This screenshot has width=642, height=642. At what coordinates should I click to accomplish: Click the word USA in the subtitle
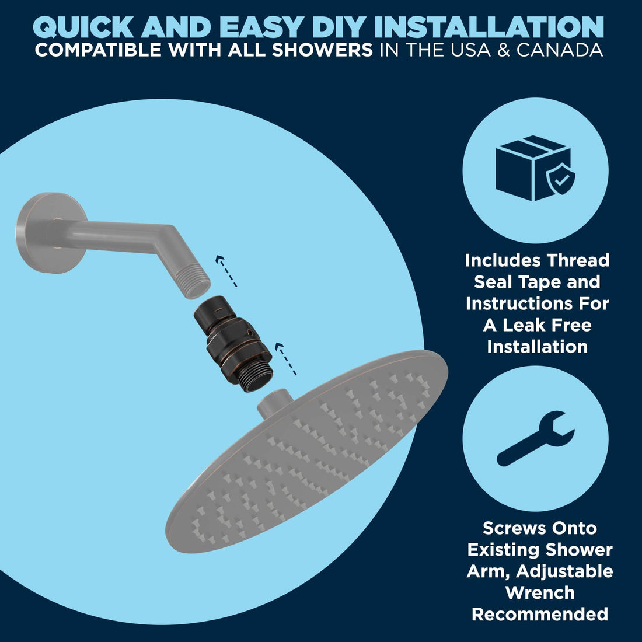(469, 50)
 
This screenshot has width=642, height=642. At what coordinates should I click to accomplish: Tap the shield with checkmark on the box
(560, 179)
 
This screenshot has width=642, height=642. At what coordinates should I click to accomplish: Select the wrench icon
(536, 438)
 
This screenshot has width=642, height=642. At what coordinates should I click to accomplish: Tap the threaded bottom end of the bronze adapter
(255, 375)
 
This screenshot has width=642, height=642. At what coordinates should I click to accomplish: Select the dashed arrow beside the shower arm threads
(226, 271)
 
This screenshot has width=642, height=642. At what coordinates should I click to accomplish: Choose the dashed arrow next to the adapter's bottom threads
(285, 359)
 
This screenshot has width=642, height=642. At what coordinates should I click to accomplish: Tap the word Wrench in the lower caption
(540, 593)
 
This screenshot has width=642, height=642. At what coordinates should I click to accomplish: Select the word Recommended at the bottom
(540, 615)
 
